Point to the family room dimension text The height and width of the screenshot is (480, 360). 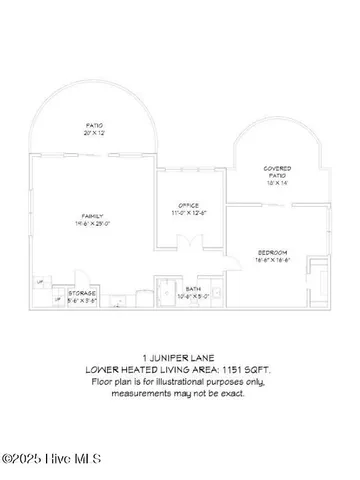coord(93,223)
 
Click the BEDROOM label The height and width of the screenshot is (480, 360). coord(272,251)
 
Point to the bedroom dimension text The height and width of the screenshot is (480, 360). coord(272,259)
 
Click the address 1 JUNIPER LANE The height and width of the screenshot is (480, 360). coord(180,355)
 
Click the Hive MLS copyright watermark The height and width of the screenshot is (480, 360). coord(53,460)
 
